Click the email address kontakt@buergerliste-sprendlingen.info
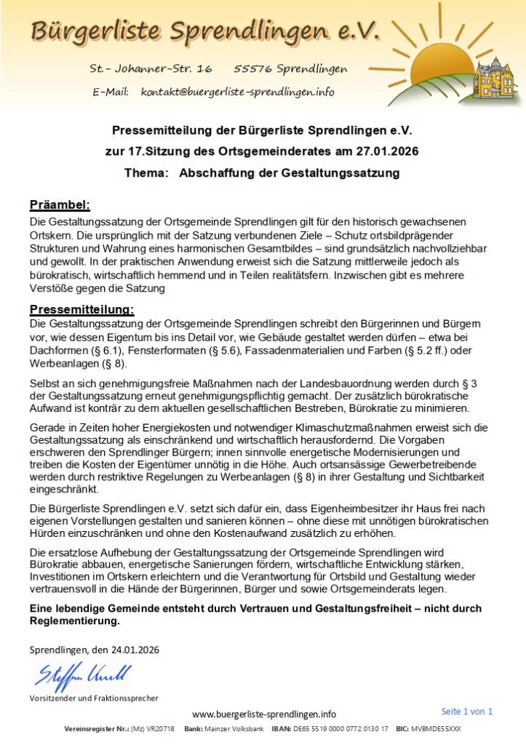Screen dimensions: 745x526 238,92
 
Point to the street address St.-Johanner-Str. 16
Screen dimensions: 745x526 151,68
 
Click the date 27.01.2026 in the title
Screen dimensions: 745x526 390,152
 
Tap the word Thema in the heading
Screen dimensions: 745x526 145,174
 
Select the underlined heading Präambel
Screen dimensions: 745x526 60,204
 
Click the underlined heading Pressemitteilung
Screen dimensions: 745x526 81,309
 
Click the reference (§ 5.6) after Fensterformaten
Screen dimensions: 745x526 223,350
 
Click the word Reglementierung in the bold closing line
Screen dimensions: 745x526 73,621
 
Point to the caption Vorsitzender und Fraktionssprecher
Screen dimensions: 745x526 93,698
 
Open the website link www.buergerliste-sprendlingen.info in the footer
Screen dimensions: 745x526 263,714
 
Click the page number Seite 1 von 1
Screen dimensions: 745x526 466,711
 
